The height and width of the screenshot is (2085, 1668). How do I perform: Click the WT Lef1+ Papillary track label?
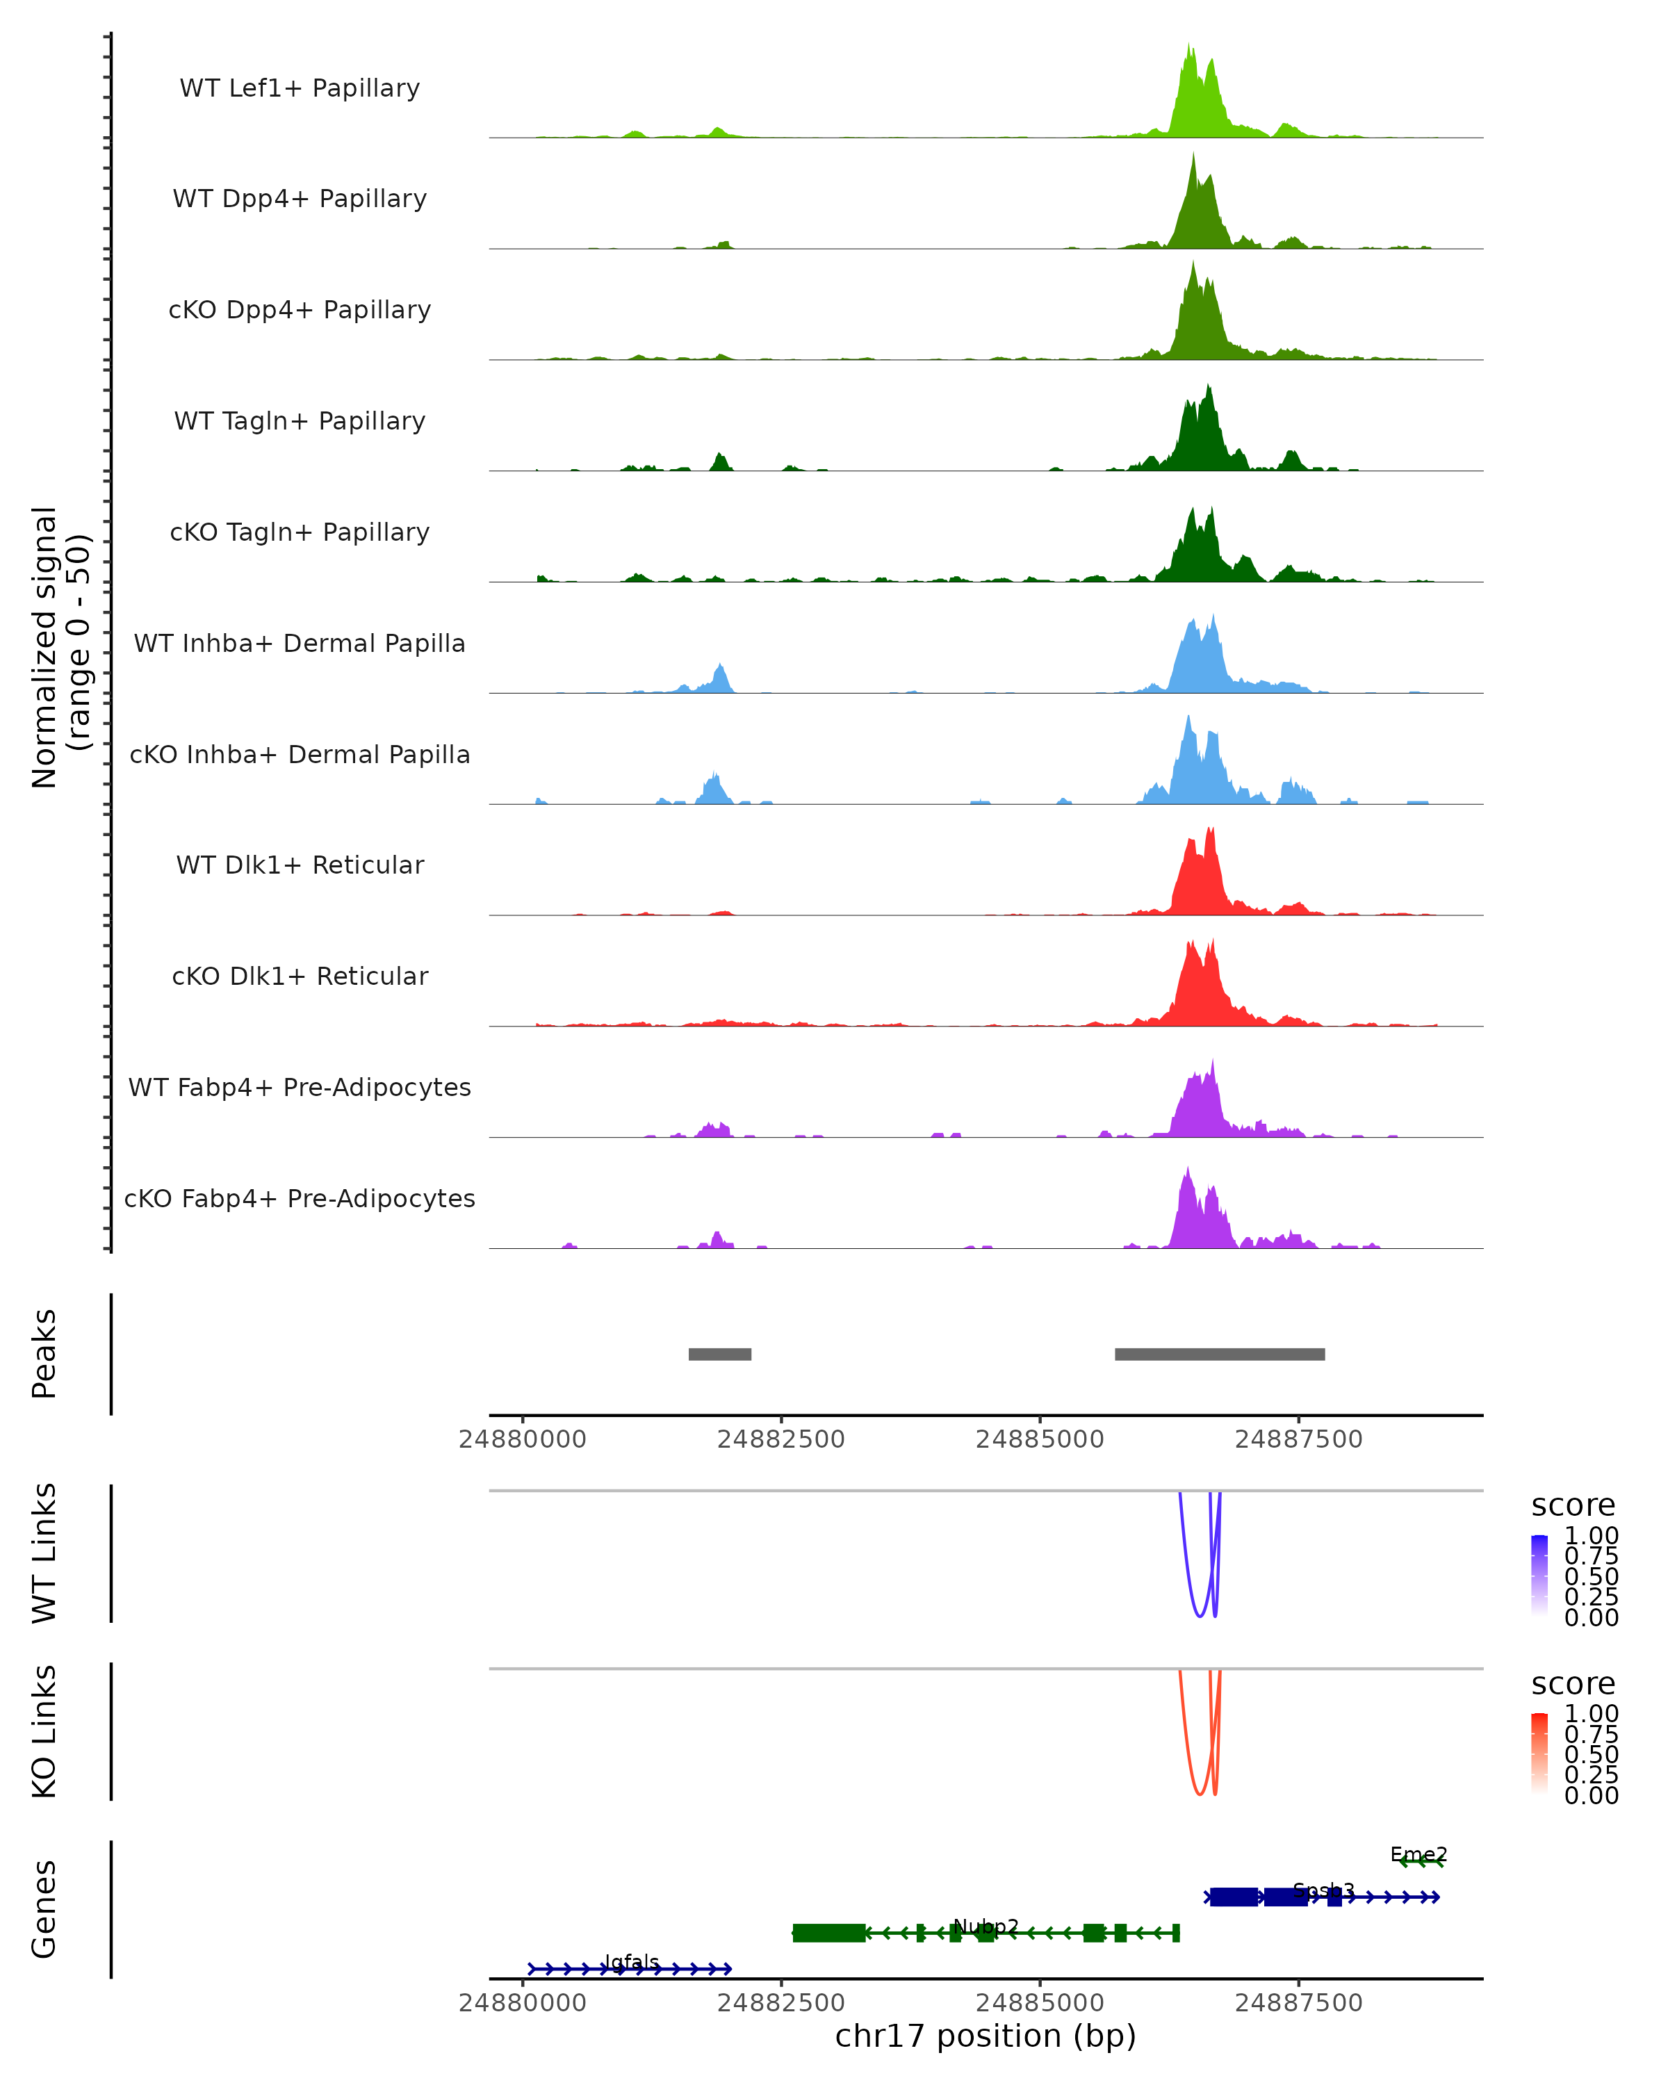pyautogui.click(x=300, y=88)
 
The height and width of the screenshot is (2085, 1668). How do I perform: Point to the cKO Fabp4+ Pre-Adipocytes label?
pyautogui.click(x=300, y=1198)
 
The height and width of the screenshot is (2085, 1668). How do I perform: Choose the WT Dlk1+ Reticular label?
pyautogui.click(x=300, y=865)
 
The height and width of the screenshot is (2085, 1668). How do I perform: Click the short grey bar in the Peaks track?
pyautogui.click(x=719, y=1354)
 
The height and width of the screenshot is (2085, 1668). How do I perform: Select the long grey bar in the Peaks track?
pyautogui.click(x=1219, y=1354)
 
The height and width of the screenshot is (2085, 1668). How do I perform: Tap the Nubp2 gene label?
pyautogui.click(x=986, y=1927)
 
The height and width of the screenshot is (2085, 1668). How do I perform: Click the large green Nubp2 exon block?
pyautogui.click(x=828, y=1932)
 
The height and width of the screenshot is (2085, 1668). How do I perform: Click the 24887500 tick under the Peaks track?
pyautogui.click(x=1299, y=1439)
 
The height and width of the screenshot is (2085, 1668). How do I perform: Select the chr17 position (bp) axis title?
pyautogui.click(x=986, y=2036)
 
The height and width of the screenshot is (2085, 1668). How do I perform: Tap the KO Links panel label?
pyautogui.click(x=44, y=1731)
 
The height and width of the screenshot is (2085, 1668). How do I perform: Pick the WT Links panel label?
pyautogui.click(x=44, y=1552)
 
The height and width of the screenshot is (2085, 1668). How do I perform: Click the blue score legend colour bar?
pyautogui.click(x=1539, y=1574)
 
